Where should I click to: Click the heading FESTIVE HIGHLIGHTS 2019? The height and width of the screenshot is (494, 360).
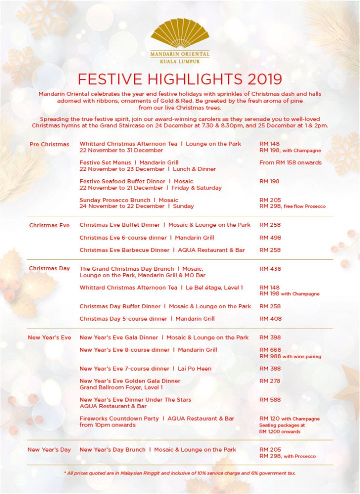[x=180, y=79]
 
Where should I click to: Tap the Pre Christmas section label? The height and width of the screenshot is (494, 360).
[x=49, y=144]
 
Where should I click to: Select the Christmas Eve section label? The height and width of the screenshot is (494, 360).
[x=49, y=225]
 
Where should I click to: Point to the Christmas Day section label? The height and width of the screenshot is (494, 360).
[x=49, y=269]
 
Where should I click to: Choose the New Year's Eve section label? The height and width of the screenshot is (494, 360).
[x=49, y=338]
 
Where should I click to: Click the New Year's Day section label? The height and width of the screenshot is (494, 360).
[x=49, y=450]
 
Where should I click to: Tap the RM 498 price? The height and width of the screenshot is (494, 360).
[x=270, y=238]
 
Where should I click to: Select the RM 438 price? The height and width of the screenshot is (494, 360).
[x=270, y=269]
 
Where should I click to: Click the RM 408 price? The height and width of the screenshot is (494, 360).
[x=270, y=319]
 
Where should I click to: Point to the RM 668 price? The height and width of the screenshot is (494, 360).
[x=270, y=350]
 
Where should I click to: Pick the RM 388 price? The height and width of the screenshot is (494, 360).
[x=270, y=369]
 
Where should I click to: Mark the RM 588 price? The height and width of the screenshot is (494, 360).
[x=270, y=400]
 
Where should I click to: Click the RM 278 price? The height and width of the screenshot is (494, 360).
[x=270, y=381]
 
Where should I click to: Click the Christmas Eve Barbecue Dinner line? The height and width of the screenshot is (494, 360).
[x=162, y=250]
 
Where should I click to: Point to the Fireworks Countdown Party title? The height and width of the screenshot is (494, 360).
[x=119, y=419]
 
